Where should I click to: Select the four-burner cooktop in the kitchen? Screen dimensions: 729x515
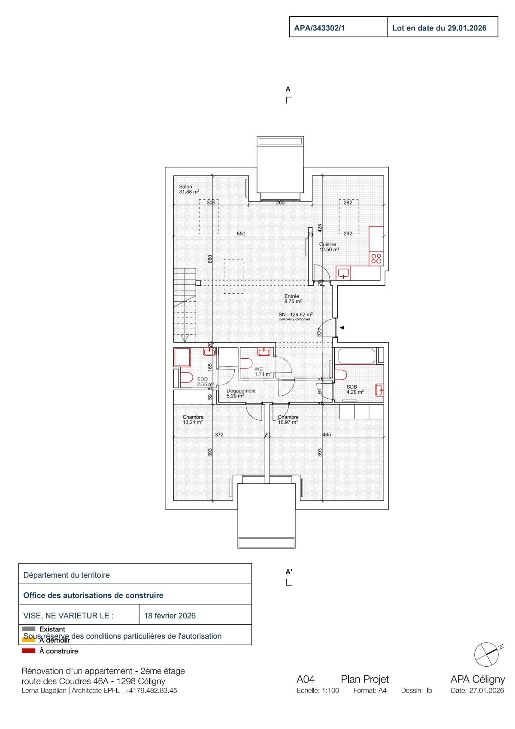[x=376, y=258]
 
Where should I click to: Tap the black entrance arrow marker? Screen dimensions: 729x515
[x=342, y=328]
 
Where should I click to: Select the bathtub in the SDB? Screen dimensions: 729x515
[x=357, y=356]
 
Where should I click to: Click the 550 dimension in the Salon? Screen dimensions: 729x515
[x=241, y=234]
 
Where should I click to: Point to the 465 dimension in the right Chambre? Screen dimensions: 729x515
[x=327, y=435]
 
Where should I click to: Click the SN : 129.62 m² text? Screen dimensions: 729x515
[x=295, y=314]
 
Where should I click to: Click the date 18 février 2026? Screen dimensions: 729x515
[x=170, y=616]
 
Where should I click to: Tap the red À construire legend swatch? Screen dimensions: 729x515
[x=28, y=651]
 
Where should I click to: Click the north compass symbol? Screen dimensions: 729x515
[x=486, y=654]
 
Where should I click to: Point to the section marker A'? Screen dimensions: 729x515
[x=289, y=572]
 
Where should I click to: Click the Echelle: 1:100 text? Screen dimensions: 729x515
[x=318, y=691]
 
